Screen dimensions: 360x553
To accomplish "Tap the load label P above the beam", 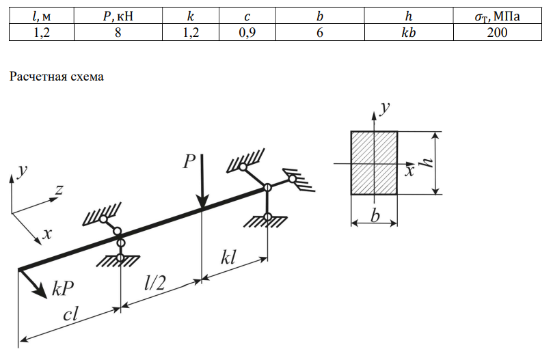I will click(189, 162).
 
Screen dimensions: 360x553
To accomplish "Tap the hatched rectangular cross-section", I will click(375, 163).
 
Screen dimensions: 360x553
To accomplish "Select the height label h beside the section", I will click(428, 162).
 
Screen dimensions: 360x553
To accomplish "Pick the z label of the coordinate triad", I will click(59, 190).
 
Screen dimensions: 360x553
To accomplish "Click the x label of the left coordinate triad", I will click(47, 234).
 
